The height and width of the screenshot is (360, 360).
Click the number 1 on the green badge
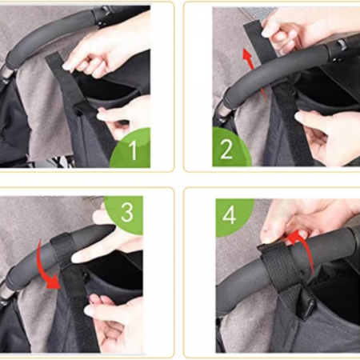[x=133, y=150]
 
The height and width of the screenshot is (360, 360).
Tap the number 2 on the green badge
[x=226, y=150]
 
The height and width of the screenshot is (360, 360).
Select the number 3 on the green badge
[x=126, y=213]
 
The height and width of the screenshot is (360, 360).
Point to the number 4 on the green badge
[x=229, y=214]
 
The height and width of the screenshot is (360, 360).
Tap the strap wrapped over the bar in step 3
[x=61, y=250]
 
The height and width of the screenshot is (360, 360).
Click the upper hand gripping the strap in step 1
[x=106, y=50]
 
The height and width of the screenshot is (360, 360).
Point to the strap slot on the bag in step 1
[x=80, y=110]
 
